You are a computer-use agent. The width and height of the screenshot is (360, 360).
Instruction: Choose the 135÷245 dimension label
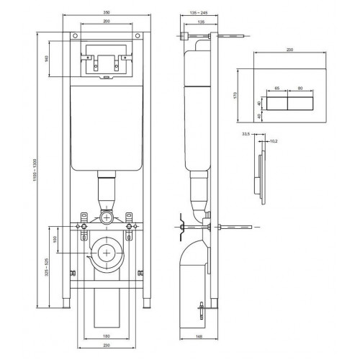pos(197,13)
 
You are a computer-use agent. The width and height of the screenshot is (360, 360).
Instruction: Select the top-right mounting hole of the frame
pos(138,36)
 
